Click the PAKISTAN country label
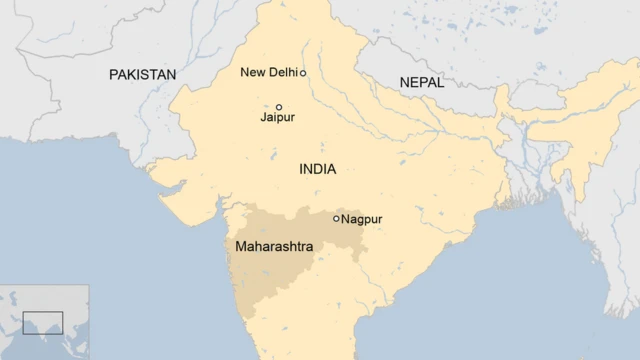click(x=142, y=75)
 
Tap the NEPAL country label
click(x=421, y=82)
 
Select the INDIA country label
click(x=317, y=169)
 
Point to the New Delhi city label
click(x=268, y=72)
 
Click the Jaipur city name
click(x=277, y=118)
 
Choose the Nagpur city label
click(x=362, y=219)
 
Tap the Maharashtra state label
click(x=273, y=246)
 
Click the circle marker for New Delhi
click(x=303, y=73)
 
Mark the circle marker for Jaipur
click(x=279, y=107)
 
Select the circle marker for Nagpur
click(x=336, y=218)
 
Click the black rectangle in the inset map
click(x=43, y=322)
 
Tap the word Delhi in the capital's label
click(x=282, y=72)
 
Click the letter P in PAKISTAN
click(x=114, y=75)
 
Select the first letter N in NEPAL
click(x=403, y=82)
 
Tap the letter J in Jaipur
click(x=263, y=118)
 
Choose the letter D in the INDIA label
click(x=319, y=169)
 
